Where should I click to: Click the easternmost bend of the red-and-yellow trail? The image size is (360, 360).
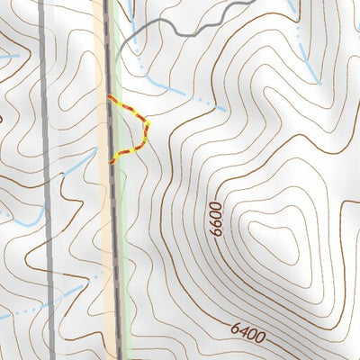click(147, 120)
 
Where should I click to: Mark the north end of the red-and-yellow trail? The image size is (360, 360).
click(110, 96)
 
